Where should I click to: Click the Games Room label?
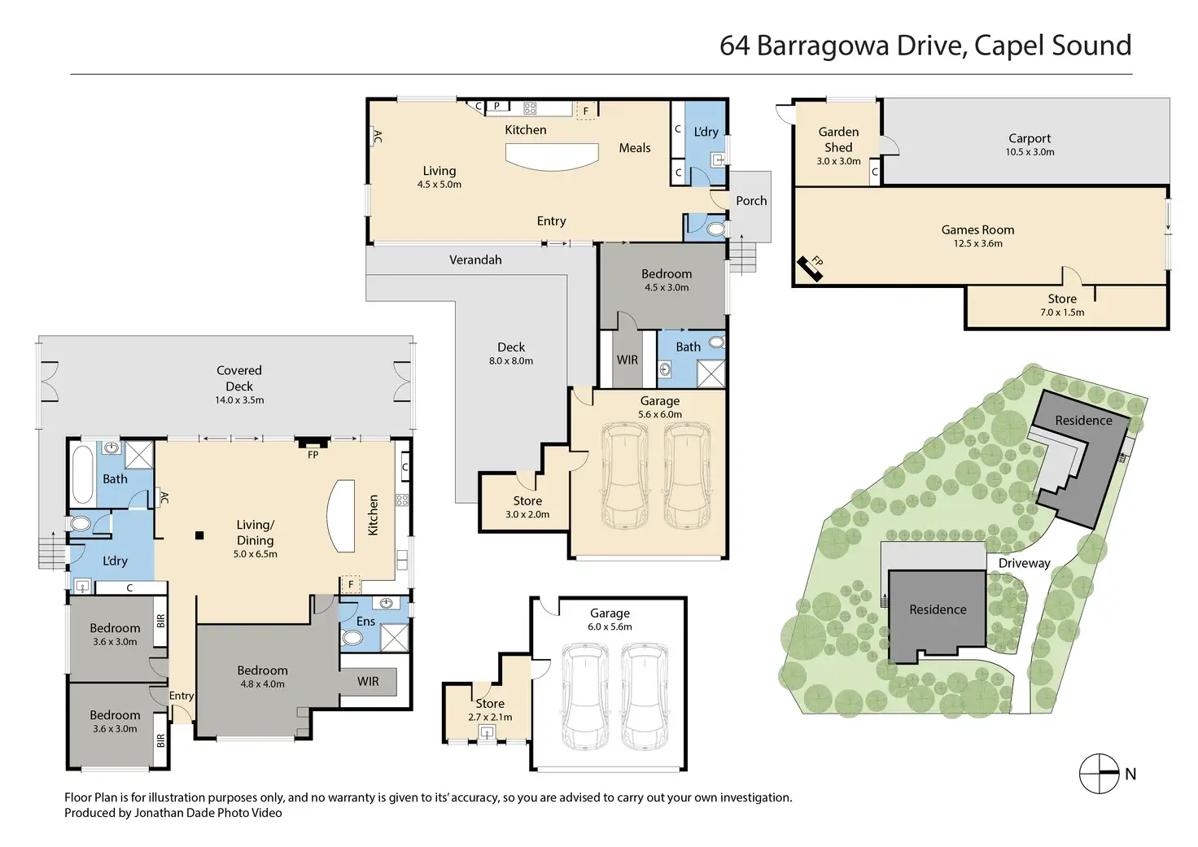tap(977, 230)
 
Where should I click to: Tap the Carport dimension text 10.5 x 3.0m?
tap(1030, 152)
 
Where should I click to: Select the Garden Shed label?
tap(838, 139)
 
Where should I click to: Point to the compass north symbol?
tap(1099, 773)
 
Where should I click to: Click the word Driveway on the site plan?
tap(1024, 564)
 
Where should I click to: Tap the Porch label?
tap(751, 200)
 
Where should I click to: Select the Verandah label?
tap(475, 260)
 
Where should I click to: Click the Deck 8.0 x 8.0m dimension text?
tap(511, 361)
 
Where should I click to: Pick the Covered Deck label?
tap(239, 378)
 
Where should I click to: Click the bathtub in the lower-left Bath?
tap(82, 474)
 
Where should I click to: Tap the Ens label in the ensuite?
tap(365, 622)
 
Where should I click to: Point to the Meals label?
tap(635, 148)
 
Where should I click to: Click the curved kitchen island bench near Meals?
tap(552, 157)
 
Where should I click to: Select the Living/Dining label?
tap(255, 533)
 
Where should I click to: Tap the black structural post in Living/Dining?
tap(199, 535)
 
